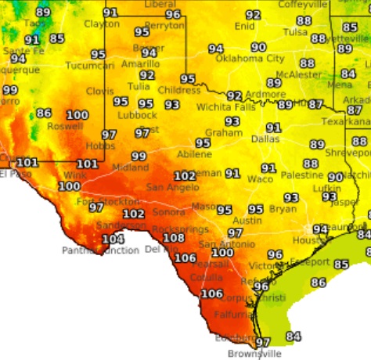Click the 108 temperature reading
[173, 238]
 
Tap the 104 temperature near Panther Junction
[113, 239]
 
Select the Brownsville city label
[255, 354]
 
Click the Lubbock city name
[137, 115]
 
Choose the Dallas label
[265, 139]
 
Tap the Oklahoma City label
[250, 59]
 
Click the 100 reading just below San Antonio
[223, 253]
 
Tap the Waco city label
[260, 179]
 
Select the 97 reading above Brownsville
[263, 342]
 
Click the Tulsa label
[294, 32]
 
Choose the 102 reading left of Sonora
[134, 214]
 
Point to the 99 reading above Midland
[139, 157]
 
